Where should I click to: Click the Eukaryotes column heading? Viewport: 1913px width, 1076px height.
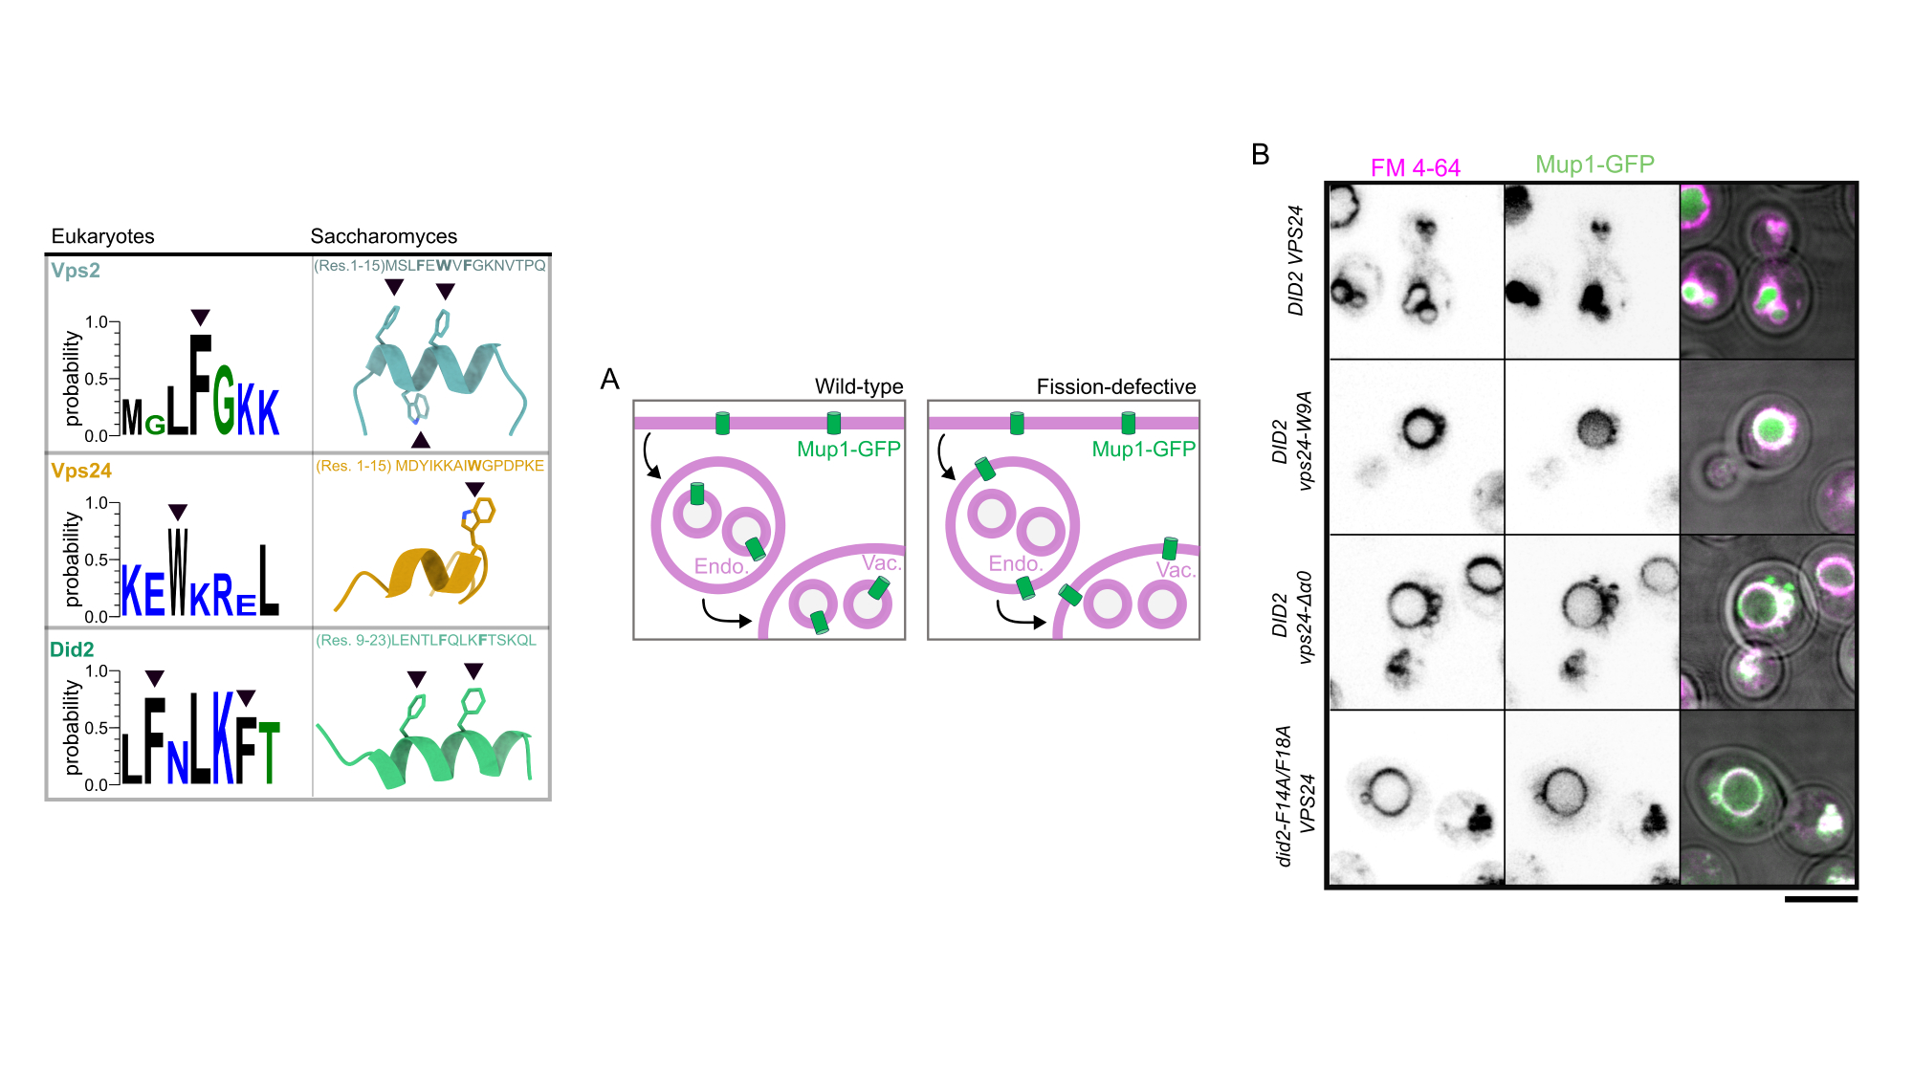102,236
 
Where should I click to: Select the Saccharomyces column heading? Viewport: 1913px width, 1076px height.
384,236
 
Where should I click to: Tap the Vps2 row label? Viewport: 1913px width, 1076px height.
76,271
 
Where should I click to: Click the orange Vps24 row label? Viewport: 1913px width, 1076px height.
81,471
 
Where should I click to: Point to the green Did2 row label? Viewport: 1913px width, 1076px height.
72,649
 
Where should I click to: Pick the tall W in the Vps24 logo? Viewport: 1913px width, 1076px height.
178,571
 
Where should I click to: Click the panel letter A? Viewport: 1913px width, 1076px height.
609,380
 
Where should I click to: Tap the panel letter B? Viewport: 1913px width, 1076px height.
1260,154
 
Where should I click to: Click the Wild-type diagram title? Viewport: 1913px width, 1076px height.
859,386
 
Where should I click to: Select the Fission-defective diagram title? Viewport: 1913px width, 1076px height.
1116,386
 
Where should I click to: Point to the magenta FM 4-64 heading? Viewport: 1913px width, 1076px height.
1415,168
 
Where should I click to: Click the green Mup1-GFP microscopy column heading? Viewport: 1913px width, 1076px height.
1594,165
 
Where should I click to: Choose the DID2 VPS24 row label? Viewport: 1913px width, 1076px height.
1296,260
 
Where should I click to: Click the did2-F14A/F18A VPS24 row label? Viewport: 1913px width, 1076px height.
1296,796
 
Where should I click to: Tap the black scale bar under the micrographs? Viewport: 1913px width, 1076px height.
1820,899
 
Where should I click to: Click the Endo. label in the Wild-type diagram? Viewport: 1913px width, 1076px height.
720,566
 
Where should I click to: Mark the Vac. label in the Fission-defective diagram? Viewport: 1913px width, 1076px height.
1176,570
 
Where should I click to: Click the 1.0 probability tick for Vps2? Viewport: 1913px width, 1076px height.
97,322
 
